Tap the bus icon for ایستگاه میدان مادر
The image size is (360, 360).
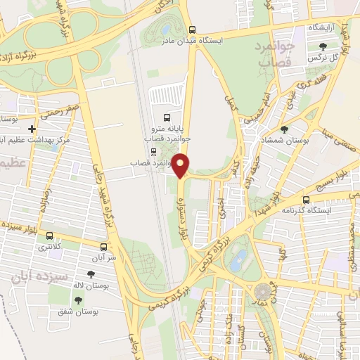click(193, 30)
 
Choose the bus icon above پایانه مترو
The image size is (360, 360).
click(167, 117)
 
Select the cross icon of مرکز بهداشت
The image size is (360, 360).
click(32, 129)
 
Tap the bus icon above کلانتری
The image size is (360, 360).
click(49, 236)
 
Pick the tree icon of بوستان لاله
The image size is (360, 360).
click(91, 274)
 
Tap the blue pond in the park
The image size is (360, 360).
click(240, 258)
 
